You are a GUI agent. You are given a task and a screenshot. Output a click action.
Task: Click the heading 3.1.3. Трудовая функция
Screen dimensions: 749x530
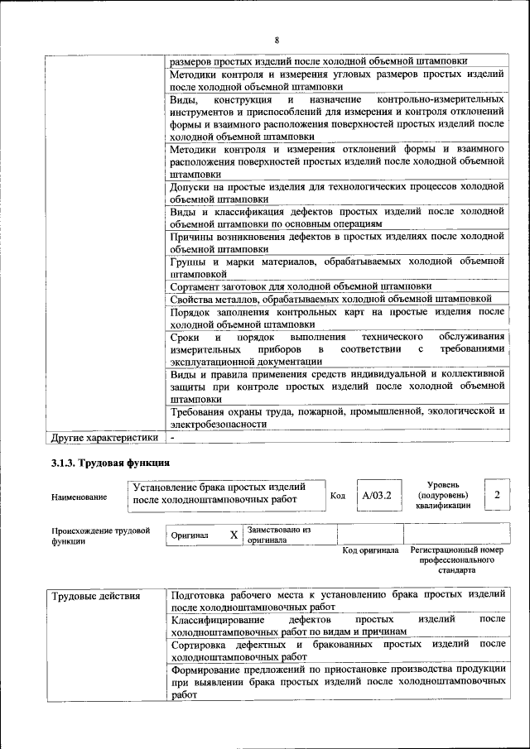110,463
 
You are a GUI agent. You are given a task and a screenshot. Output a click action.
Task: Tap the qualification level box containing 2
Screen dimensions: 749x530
497,494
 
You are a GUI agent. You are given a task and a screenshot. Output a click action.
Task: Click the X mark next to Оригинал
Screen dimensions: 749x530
234,535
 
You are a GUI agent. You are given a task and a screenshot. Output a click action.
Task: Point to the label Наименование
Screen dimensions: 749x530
79,497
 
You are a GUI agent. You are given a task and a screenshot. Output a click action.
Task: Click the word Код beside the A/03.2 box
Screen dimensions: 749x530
338,496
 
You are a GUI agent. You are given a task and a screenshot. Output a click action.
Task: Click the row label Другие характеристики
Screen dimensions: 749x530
104,436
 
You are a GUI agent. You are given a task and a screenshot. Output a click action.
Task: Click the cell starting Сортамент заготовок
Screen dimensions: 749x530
301,286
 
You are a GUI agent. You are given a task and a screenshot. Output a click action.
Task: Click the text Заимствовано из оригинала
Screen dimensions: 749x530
279,535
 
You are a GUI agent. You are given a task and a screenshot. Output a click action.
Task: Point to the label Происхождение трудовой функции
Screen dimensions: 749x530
100,535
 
